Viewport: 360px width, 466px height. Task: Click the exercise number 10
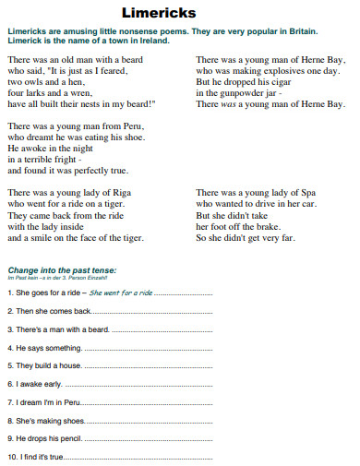(11, 456)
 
